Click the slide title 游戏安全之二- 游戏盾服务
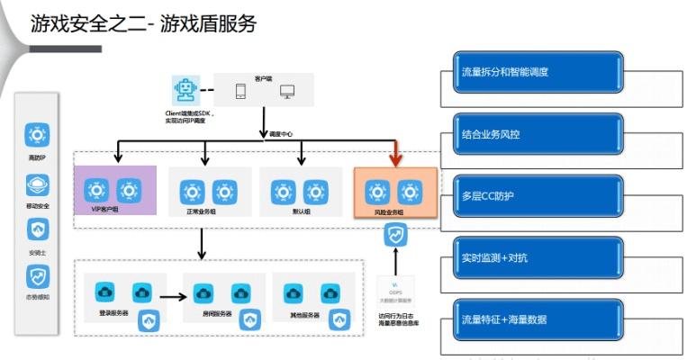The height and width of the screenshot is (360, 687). point(143,23)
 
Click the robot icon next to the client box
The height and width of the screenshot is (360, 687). point(185,92)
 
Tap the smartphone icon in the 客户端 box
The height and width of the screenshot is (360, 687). point(240,92)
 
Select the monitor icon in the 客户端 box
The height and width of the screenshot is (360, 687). point(287,92)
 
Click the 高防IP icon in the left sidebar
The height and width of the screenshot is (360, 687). point(38,137)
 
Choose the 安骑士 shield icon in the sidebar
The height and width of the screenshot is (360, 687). point(38,230)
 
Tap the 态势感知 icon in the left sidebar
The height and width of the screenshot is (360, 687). point(38,277)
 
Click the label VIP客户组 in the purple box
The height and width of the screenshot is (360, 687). point(104,210)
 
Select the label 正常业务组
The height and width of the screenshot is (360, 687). point(204,211)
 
